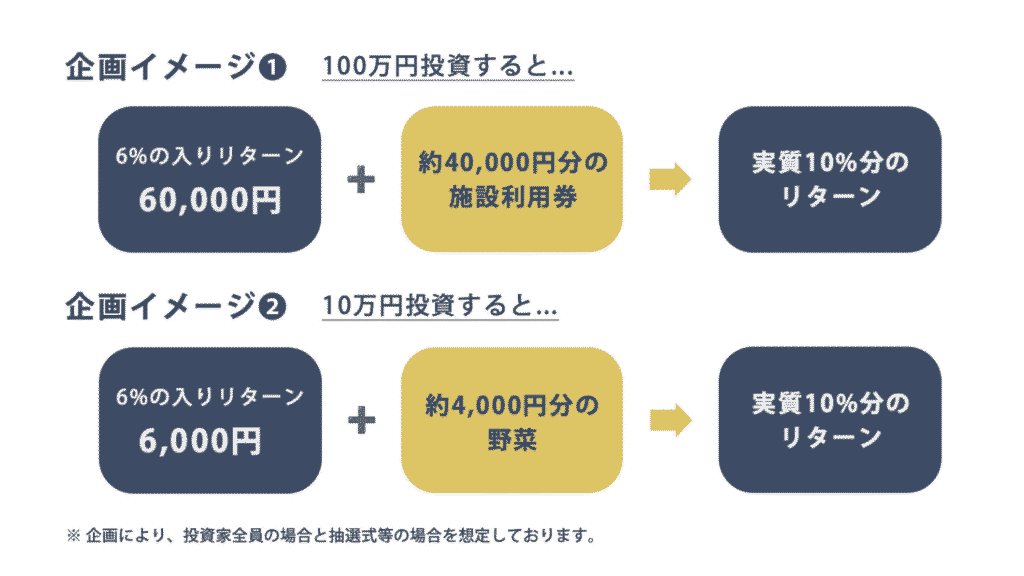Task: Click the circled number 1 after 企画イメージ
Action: point(273,68)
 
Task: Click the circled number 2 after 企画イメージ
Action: point(273,307)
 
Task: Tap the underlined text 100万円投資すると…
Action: point(448,67)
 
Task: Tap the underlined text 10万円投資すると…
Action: point(440,306)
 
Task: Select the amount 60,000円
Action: point(210,200)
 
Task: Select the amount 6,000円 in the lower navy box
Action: point(200,440)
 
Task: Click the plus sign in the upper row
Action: point(361,180)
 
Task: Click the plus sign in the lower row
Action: point(361,420)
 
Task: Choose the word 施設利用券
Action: point(512,197)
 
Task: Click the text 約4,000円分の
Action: point(512,404)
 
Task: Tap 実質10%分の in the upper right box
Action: point(830,162)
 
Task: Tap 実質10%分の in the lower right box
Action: point(830,403)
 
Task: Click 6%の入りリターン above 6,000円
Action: point(210,397)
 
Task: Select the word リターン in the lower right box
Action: point(830,438)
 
